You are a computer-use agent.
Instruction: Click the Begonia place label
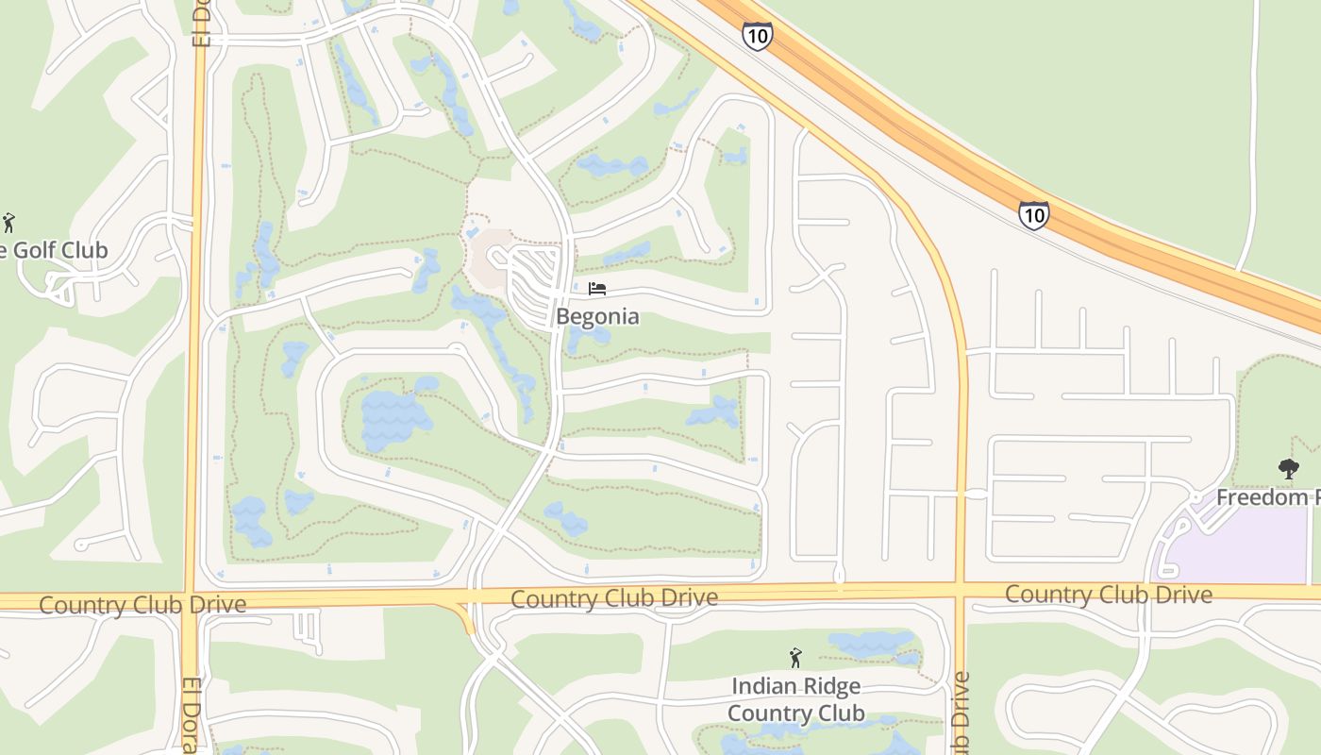click(597, 316)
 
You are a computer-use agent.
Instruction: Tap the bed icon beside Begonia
click(596, 289)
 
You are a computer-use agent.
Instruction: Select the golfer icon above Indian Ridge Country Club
click(795, 657)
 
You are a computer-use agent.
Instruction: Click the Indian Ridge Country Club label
click(795, 699)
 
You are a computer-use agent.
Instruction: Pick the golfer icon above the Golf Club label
click(9, 223)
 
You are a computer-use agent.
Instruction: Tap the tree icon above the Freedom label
click(1288, 468)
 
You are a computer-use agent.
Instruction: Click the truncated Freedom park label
click(1267, 497)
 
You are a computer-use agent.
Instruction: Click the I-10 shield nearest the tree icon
click(1034, 215)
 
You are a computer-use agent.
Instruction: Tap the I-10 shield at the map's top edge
click(757, 36)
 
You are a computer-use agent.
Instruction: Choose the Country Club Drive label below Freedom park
click(1108, 595)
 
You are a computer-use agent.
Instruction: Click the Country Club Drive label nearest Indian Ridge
click(614, 598)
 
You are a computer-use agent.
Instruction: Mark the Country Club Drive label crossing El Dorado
click(142, 605)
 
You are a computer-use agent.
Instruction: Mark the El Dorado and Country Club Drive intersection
click(192, 601)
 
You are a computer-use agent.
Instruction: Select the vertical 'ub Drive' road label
click(961, 713)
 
